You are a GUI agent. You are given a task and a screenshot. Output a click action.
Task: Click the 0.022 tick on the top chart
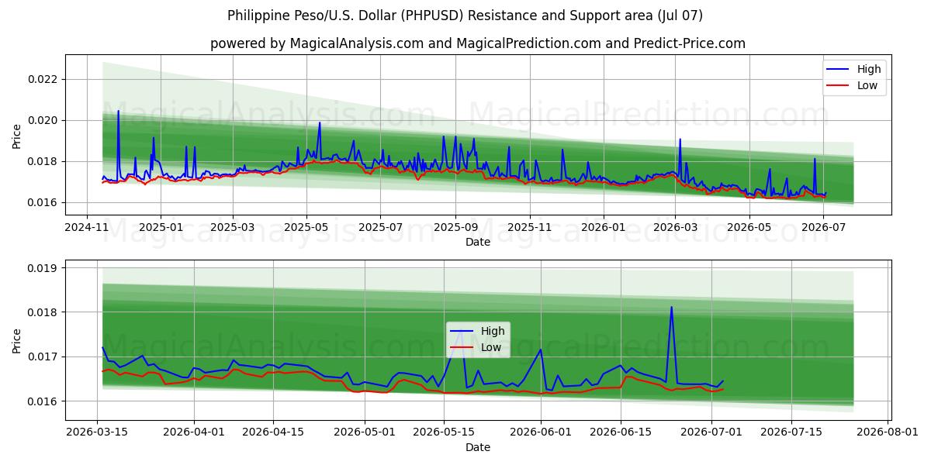coord(43,79)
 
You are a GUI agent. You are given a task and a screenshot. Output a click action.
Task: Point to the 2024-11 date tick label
coord(87,227)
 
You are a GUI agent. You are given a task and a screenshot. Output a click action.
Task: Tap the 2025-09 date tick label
coord(456,227)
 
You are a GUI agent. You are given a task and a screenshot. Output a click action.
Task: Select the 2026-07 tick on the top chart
coord(823,227)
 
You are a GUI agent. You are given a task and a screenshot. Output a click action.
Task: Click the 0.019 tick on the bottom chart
coord(43,268)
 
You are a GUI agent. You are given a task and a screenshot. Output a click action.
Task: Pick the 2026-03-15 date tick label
coord(97,432)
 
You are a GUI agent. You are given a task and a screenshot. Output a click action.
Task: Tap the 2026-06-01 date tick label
coord(541,432)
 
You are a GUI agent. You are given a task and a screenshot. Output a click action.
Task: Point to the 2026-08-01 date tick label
coord(888,432)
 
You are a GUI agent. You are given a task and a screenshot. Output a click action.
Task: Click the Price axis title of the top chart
coord(16,136)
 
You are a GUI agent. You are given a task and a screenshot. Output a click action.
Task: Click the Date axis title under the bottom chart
coord(478,447)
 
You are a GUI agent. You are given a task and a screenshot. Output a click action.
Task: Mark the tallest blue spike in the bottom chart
coord(671,308)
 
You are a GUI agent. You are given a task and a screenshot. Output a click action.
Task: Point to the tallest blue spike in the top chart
coord(118,111)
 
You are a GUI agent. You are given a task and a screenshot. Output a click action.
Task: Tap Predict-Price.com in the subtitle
coord(690,43)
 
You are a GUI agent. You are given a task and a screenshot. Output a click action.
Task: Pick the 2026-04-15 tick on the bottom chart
coord(273,432)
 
